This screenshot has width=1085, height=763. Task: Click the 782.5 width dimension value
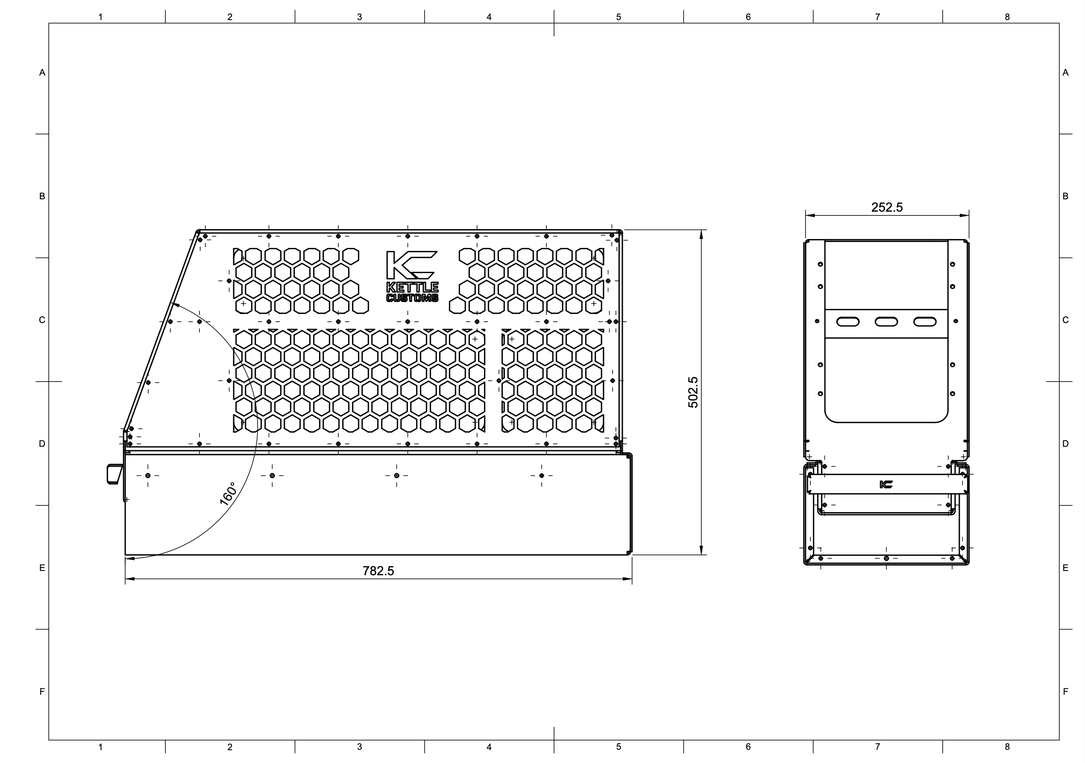pos(378,571)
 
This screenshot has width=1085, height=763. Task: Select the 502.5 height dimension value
pos(693,392)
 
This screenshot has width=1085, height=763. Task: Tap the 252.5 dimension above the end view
pos(886,207)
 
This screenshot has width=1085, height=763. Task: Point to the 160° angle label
pos(228,494)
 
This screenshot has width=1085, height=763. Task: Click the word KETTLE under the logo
pos(412,287)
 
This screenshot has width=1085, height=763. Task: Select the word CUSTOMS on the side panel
pos(412,298)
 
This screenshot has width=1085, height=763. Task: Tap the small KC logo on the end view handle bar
pos(886,484)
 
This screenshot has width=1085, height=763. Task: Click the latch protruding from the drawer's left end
pos(114,474)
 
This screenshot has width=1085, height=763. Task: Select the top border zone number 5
pos(618,17)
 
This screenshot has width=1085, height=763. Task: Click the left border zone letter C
pos(42,320)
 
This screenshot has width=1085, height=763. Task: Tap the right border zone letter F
pos(1065,691)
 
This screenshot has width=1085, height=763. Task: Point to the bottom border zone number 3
pos(359,746)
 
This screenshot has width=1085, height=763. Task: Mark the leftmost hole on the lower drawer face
pos(148,475)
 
